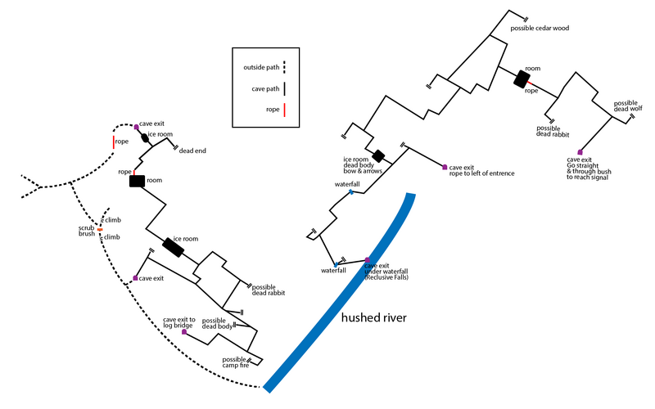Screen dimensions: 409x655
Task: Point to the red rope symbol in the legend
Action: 284,110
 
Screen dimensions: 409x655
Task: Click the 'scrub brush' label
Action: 88,230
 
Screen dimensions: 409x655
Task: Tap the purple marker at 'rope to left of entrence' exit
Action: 445,167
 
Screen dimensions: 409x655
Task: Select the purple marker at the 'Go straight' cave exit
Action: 580,152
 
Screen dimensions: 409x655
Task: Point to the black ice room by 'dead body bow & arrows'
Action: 378,155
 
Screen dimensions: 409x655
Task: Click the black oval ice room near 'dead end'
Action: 146,138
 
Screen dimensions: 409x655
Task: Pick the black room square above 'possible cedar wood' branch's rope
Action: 521,79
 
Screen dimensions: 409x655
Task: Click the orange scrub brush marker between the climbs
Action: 100,230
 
